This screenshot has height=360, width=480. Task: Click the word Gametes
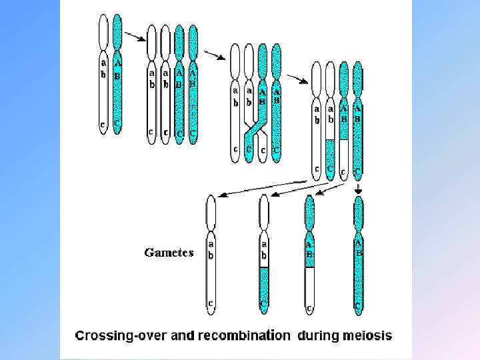[169, 253]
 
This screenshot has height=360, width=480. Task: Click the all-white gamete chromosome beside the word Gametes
[211, 253]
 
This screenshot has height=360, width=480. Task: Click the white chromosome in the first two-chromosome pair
[103, 73]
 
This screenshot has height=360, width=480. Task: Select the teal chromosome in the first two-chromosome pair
[118, 73]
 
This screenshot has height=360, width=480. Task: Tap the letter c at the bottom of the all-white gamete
[211, 303]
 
